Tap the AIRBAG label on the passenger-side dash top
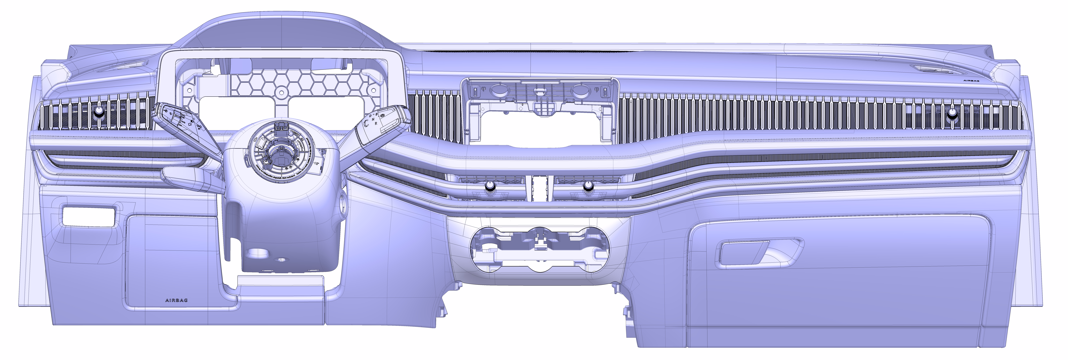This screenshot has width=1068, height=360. tap(971, 81)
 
